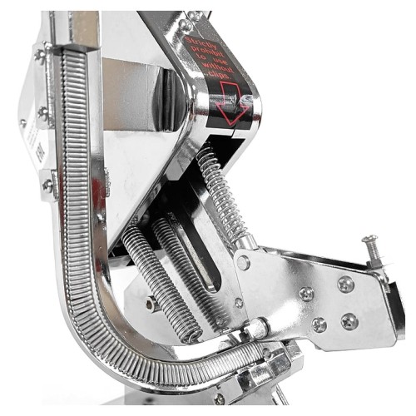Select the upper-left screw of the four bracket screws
pos(307,294)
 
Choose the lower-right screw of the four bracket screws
pos(350,320)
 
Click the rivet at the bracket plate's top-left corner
pos(243,262)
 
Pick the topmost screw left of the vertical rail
pos(39,56)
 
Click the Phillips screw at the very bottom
pos(220,398)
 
